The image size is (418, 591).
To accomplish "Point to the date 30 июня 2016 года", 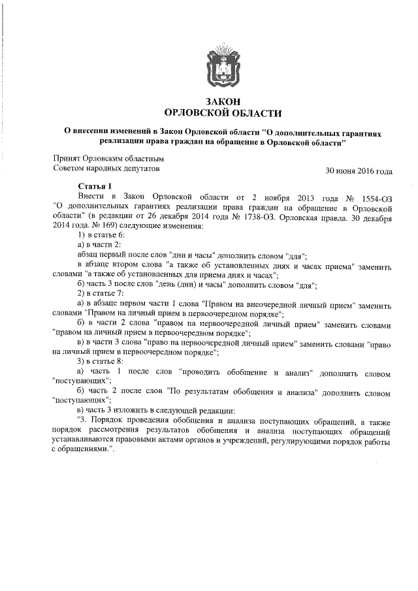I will coord(359,172).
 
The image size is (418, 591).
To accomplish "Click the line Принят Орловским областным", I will coord(108,159).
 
